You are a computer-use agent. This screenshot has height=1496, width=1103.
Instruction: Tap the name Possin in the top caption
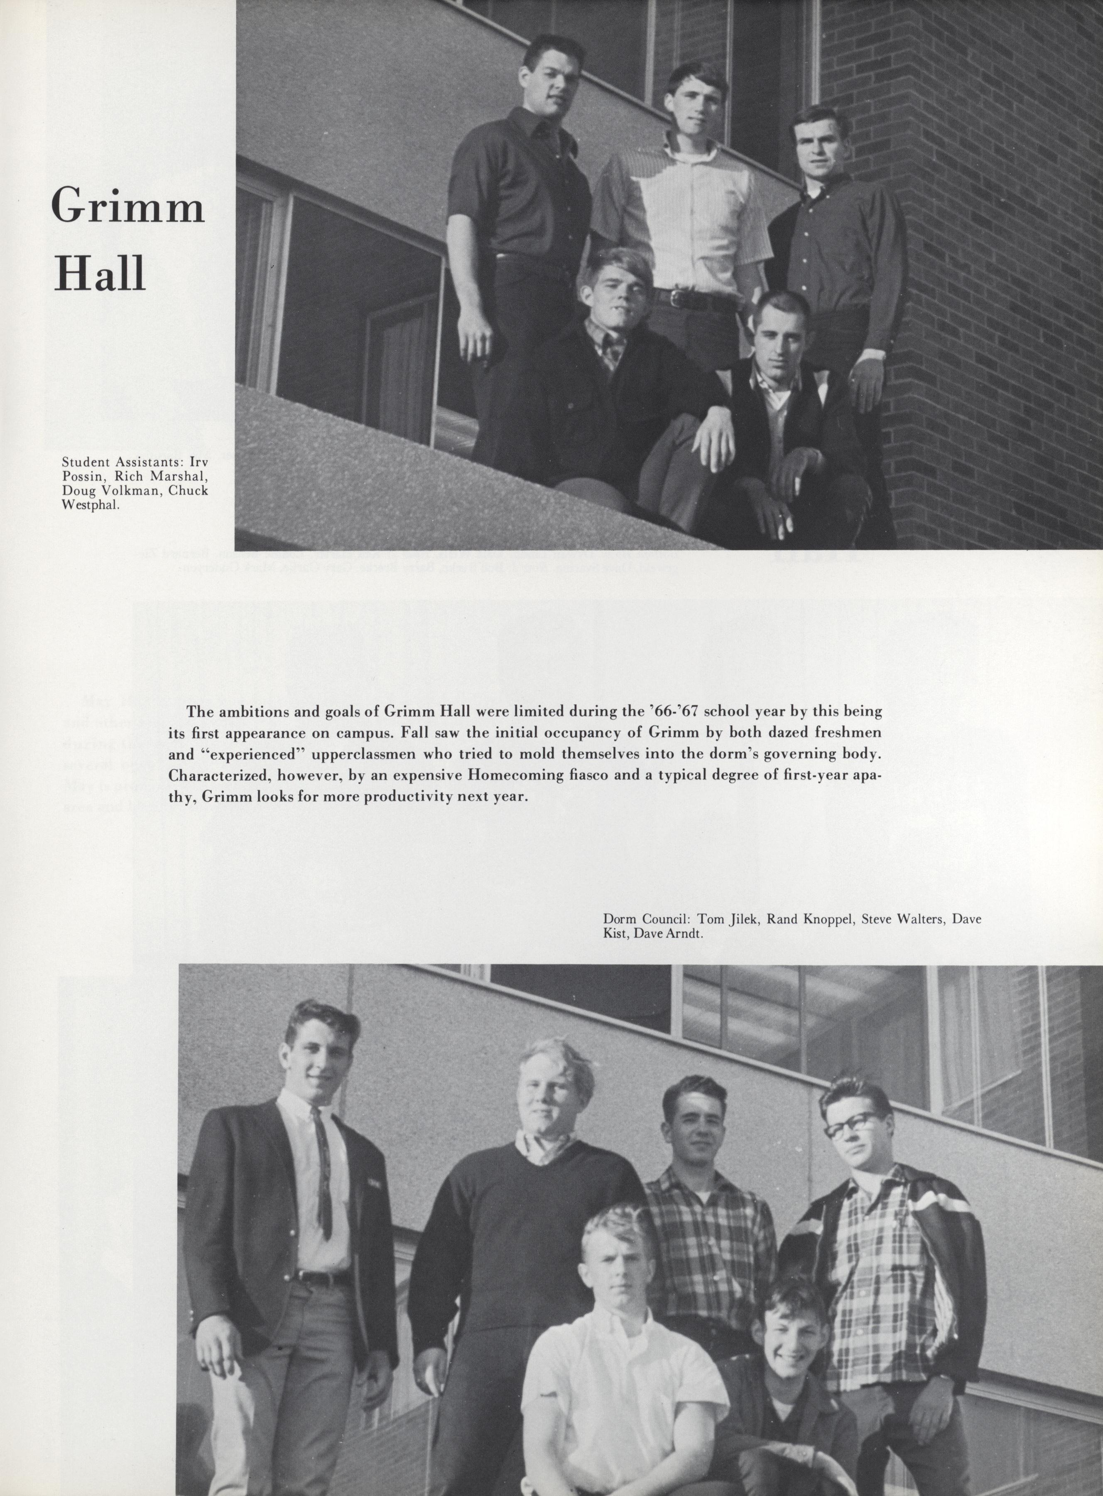point(82,476)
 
